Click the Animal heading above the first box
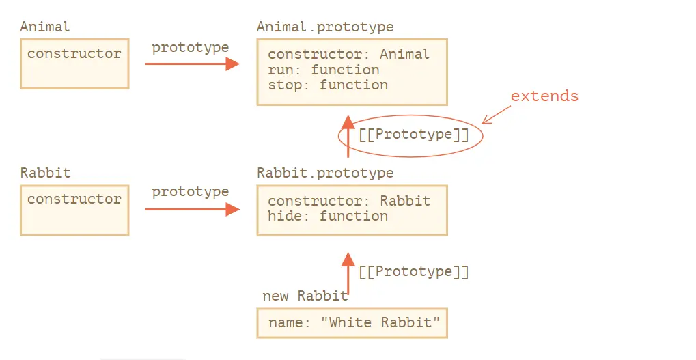pos(45,27)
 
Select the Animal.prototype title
pos(325,27)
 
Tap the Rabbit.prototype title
pos(325,173)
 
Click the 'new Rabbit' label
pos(305,296)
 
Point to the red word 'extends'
pos(544,96)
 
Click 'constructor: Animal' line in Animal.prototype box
pos(348,55)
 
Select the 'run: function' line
pos(323,70)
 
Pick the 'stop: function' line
pos(327,85)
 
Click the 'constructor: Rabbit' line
pos(349,201)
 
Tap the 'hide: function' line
pos(327,216)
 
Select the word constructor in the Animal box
pos(74,54)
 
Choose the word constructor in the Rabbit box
pos(74,199)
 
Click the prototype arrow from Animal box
pos(192,64)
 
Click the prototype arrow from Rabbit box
pos(192,210)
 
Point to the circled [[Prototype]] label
pos(414,135)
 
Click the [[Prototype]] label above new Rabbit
pos(414,272)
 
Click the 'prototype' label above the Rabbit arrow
pos(191,192)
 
